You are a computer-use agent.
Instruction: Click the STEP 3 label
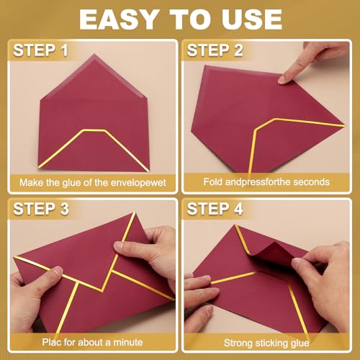tap(44, 210)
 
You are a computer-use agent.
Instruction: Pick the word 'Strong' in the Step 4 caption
tap(241, 342)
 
